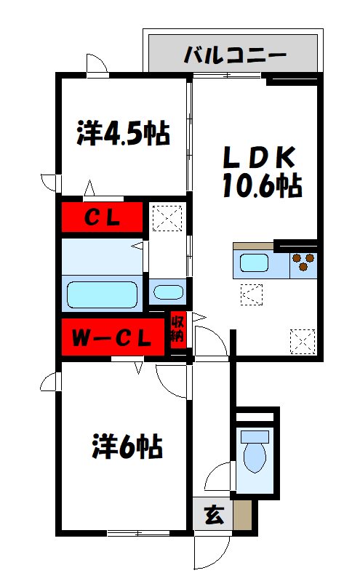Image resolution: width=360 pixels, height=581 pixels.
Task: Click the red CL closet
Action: coord(102,217)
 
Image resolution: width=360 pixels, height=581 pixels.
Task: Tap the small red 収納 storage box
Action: coord(177,330)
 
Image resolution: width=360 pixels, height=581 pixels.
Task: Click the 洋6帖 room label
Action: coord(127,446)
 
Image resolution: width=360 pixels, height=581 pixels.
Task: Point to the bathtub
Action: coord(103,294)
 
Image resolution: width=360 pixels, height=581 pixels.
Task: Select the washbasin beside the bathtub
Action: coord(168,292)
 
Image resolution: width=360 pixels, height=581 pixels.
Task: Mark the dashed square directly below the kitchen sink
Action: coord(252,295)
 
